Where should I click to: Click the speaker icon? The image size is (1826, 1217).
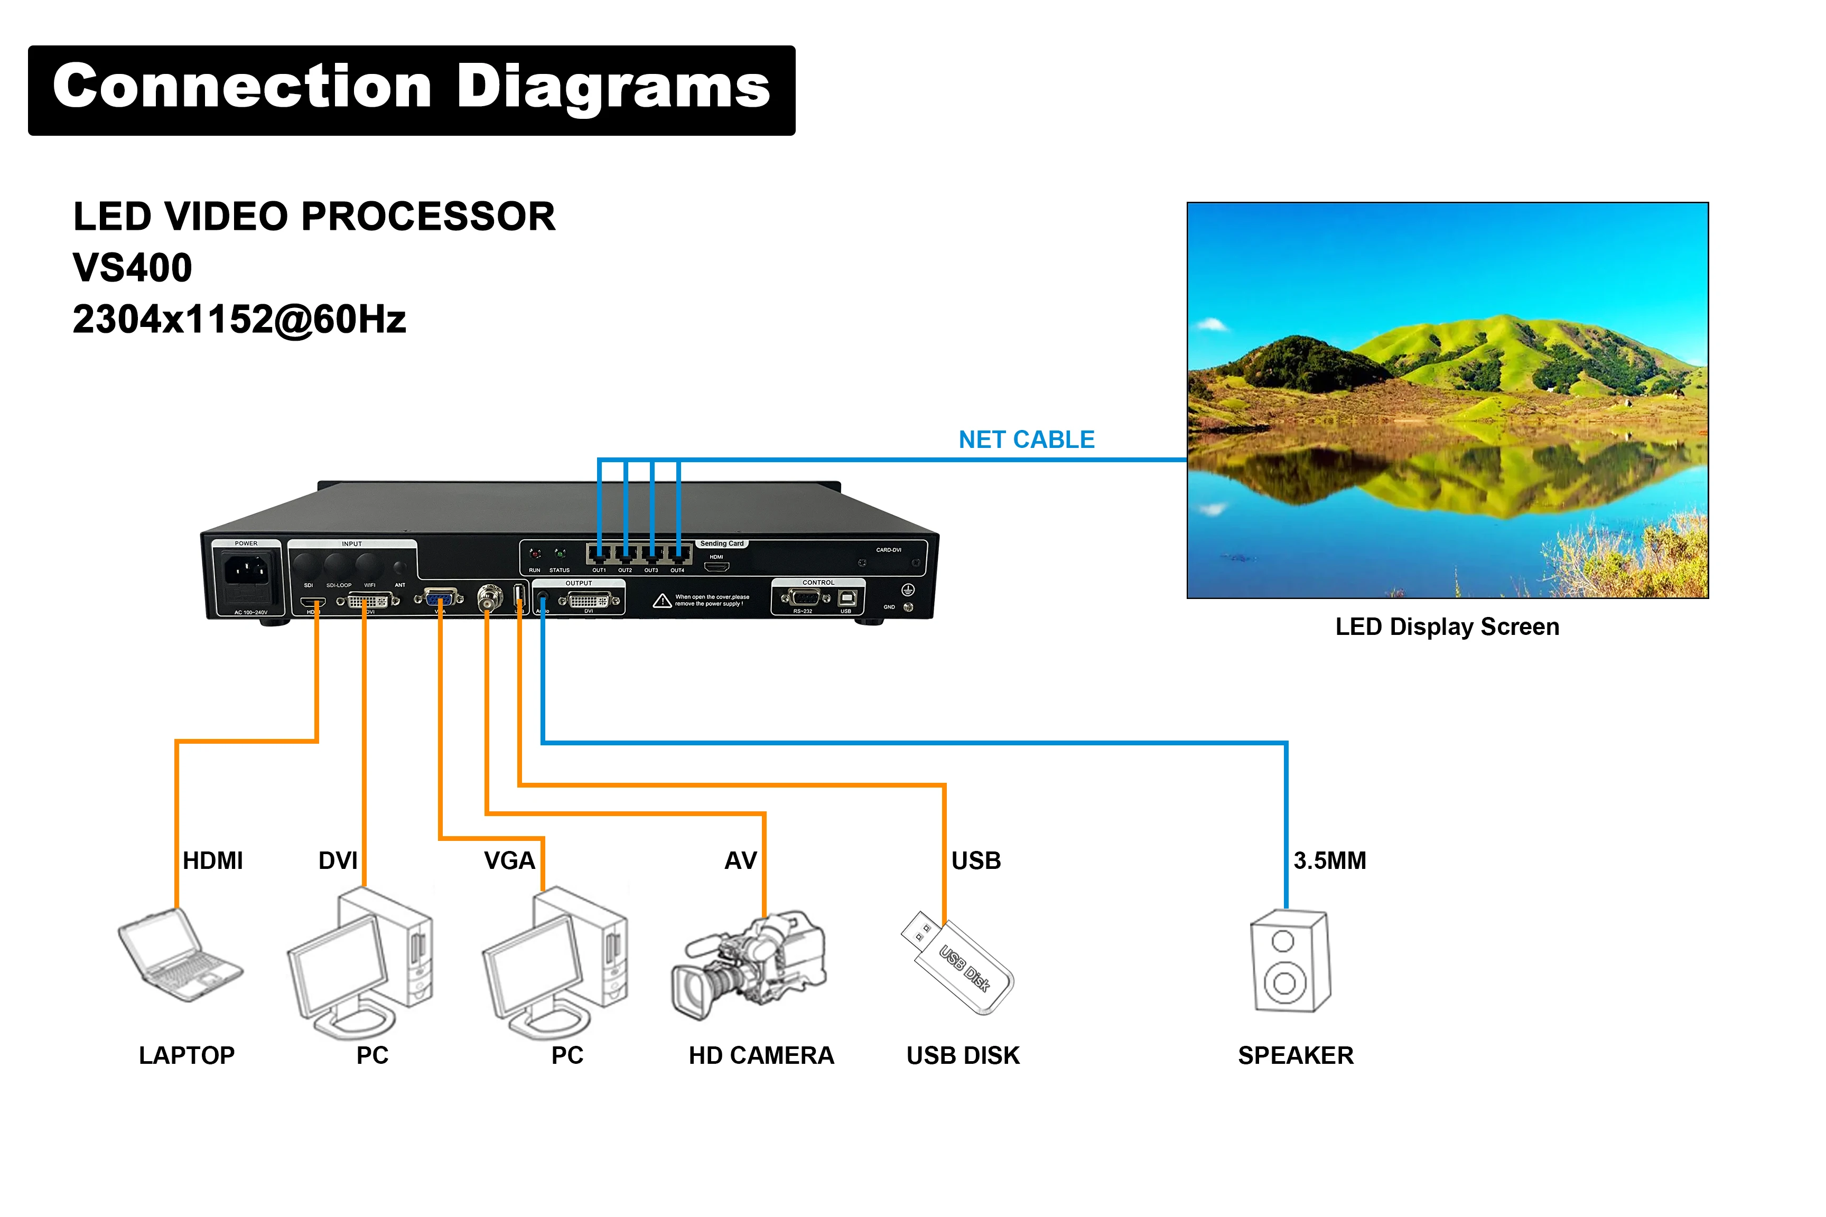[1290, 962]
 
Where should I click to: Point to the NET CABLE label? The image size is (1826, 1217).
[1027, 440]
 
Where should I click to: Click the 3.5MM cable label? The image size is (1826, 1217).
[1330, 861]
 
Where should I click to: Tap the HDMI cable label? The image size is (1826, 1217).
[213, 861]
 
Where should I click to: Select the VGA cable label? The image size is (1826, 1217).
[509, 861]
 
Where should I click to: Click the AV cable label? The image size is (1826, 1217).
[740, 861]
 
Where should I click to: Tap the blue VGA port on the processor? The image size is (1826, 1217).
[440, 598]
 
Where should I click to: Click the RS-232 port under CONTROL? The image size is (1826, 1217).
[804, 597]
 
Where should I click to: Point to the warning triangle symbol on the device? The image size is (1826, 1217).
[662, 601]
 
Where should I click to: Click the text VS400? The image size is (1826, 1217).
[132, 268]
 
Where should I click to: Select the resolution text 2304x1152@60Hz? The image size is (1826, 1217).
[239, 320]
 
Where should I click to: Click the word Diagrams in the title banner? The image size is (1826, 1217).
[613, 87]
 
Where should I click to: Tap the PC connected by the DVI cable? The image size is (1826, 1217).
[361, 962]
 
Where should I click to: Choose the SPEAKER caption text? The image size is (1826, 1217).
[1296, 1055]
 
